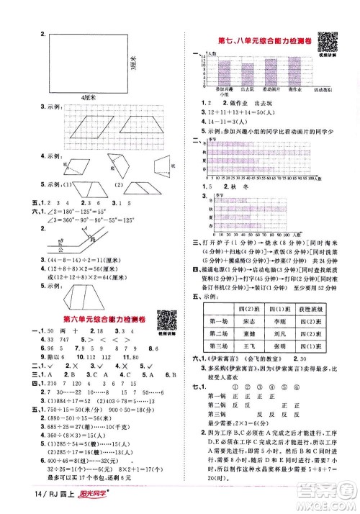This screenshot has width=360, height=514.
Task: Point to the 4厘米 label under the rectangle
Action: pyautogui.click(x=89, y=96)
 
